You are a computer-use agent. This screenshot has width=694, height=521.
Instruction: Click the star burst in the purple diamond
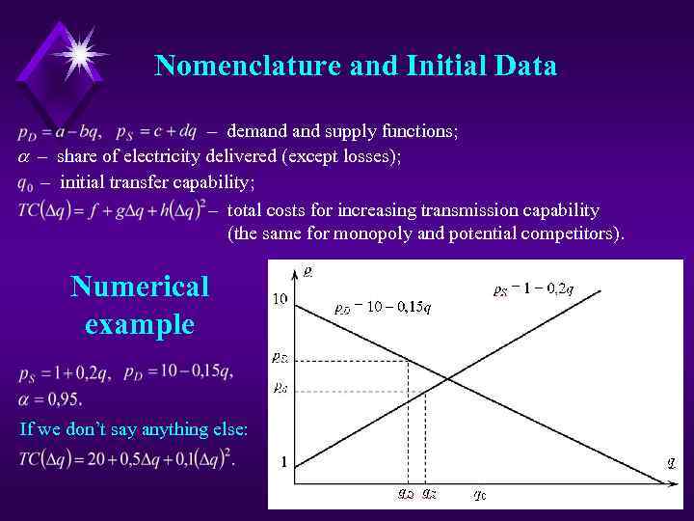(x=78, y=50)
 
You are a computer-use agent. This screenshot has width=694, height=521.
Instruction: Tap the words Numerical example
(x=139, y=305)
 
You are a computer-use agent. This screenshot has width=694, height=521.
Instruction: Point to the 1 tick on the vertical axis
(x=284, y=462)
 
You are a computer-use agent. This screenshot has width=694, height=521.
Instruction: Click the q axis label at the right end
(x=671, y=461)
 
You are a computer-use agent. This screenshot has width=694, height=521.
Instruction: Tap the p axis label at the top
(x=307, y=271)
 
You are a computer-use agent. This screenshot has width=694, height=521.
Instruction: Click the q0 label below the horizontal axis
(x=479, y=495)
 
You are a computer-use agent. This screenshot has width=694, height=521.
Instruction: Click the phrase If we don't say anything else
(x=133, y=428)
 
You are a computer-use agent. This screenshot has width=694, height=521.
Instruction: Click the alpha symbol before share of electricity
(x=24, y=156)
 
